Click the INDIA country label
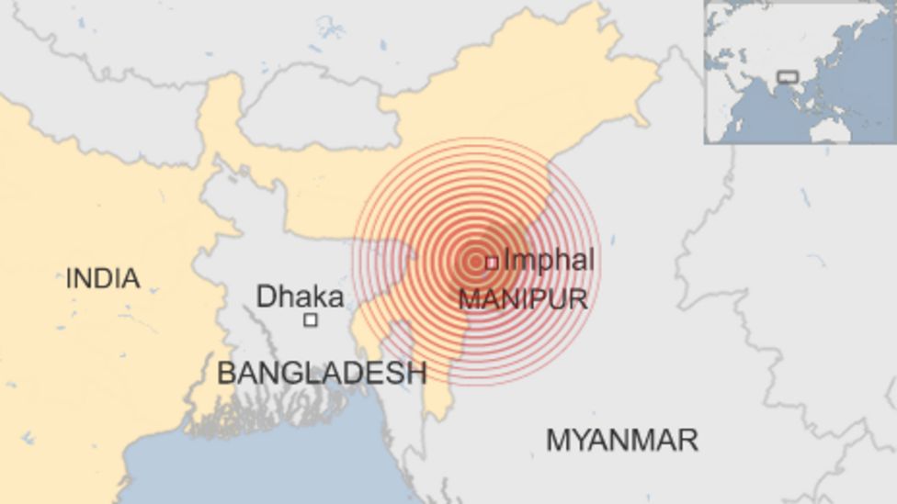pyautogui.click(x=103, y=277)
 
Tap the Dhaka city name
pyautogui.click(x=300, y=297)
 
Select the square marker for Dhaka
pyautogui.click(x=311, y=319)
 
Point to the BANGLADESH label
pyautogui.click(x=322, y=372)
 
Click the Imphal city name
pyautogui.click(x=549, y=261)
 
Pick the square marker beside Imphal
pyautogui.click(x=492, y=263)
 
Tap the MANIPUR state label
pyautogui.click(x=523, y=298)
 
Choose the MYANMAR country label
pyautogui.click(x=622, y=440)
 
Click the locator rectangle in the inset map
pyautogui.click(x=787, y=77)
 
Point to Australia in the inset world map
pyautogui.click(x=831, y=131)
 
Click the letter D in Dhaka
pyautogui.click(x=266, y=297)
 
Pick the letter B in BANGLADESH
pyautogui.click(x=226, y=372)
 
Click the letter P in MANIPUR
pyautogui.click(x=539, y=298)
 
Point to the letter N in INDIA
pyautogui.click(x=85, y=277)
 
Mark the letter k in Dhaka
pyautogui.click(x=316, y=297)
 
